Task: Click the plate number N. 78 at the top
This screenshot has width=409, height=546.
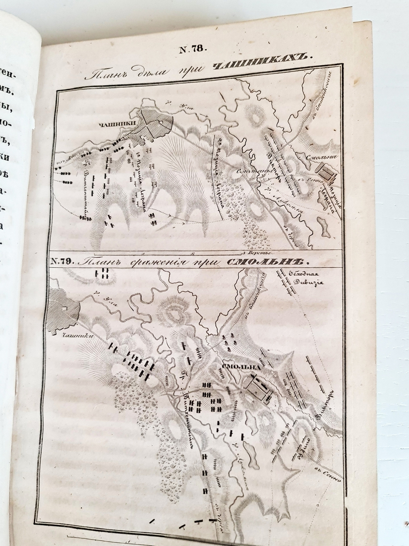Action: pyautogui.click(x=193, y=50)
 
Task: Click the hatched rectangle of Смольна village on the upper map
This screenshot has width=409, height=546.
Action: pyautogui.click(x=328, y=172)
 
